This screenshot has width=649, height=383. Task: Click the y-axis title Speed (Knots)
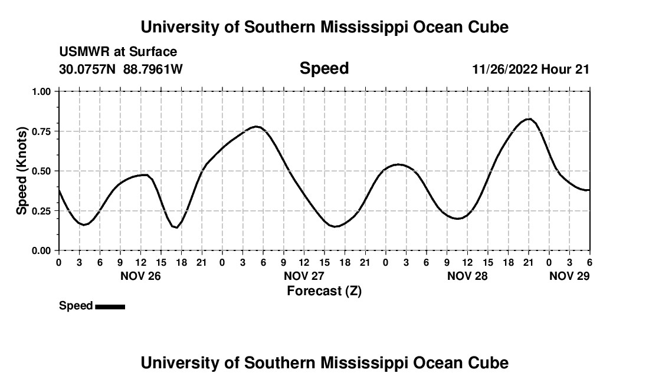[22, 171]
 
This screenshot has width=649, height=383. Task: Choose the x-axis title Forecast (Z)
[324, 291]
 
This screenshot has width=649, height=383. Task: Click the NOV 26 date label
[140, 276]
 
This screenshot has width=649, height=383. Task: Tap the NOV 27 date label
[303, 276]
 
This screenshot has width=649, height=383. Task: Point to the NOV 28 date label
[467, 276]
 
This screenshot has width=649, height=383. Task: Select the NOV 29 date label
[569, 276]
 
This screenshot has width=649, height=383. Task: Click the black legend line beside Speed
[110, 306]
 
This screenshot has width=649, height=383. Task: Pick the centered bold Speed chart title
[324, 68]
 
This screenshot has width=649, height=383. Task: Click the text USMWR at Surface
[118, 52]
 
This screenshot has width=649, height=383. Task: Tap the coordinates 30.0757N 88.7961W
[121, 69]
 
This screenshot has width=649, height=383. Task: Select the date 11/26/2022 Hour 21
[530, 69]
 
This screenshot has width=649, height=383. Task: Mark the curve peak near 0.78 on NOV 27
[256, 126]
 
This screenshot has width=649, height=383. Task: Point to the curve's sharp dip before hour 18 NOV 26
[176, 227]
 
